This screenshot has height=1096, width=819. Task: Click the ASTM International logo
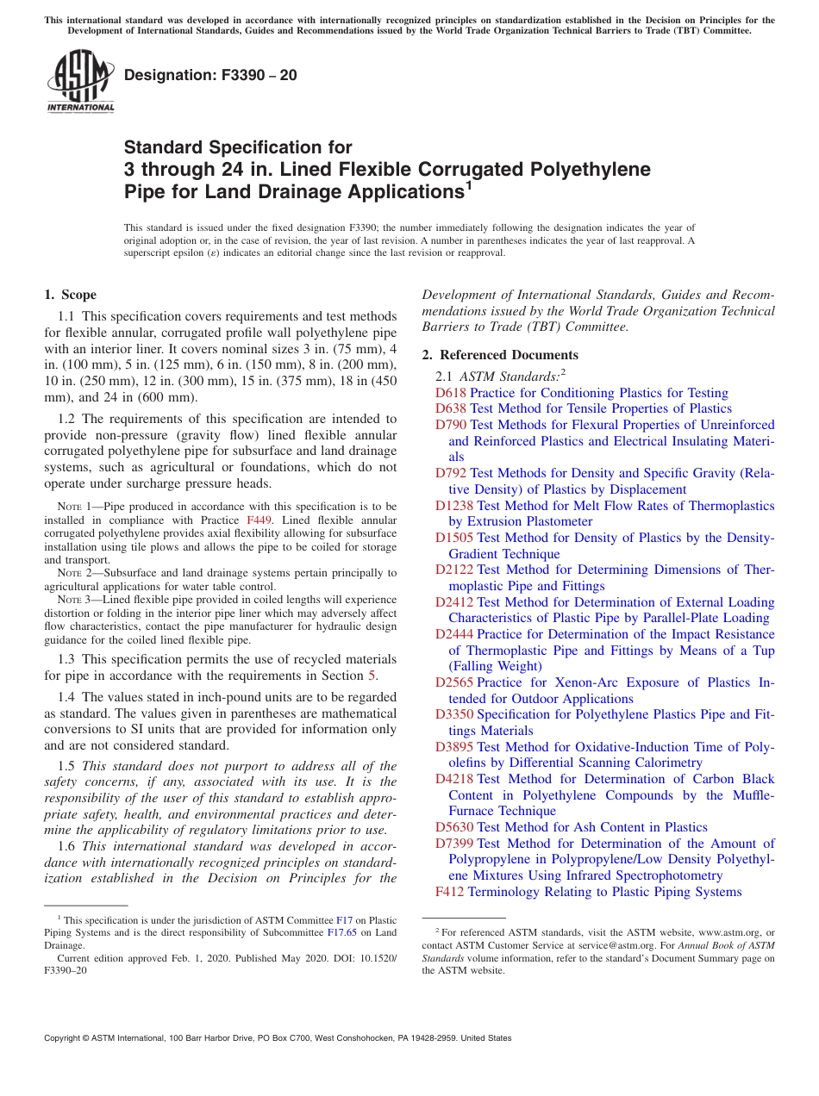click(80, 82)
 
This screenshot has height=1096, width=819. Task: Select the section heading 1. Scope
click(70, 295)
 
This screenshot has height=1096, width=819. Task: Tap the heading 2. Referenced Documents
click(500, 355)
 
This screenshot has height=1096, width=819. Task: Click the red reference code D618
click(451, 393)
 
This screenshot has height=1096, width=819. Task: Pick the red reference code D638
click(451, 409)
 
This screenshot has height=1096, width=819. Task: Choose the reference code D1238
click(454, 506)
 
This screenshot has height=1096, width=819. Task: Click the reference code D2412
click(454, 602)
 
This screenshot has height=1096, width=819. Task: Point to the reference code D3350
click(454, 715)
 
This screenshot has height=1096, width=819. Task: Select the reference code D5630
click(454, 827)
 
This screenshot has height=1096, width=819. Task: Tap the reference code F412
click(449, 892)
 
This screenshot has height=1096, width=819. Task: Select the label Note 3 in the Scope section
click(76, 600)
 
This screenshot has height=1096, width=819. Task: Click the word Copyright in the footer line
click(65, 1038)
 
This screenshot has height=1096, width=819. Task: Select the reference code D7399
click(454, 844)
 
